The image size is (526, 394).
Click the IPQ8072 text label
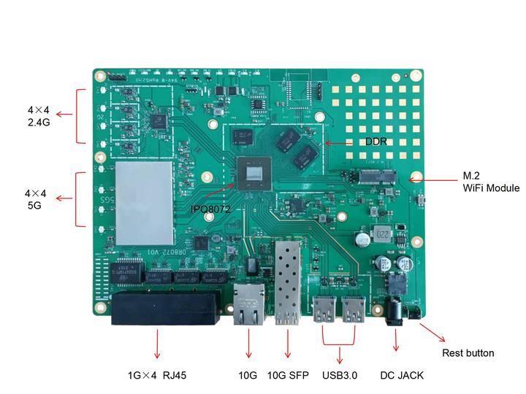pyautogui.click(x=210, y=209)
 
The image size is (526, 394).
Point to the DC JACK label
pyautogui.click(x=402, y=376)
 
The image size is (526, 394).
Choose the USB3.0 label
pyautogui.click(x=340, y=376)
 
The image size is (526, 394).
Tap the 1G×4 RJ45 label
pyautogui.click(x=157, y=376)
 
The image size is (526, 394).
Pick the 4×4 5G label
pyautogui.click(x=35, y=200)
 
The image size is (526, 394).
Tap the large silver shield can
pyautogui.click(x=143, y=203)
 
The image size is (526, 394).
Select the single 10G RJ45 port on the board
pyautogui.click(x=248, y=305)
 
